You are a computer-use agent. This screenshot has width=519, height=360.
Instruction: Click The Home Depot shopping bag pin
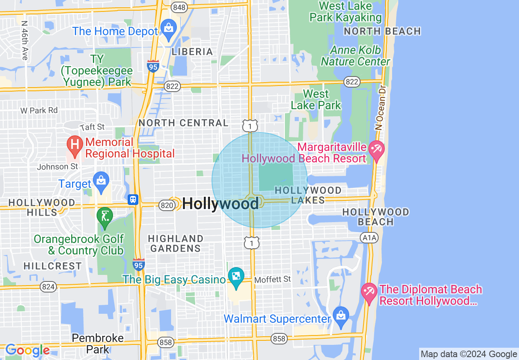[168, 29]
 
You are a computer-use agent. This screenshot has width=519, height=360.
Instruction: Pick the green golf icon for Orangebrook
[105, 216]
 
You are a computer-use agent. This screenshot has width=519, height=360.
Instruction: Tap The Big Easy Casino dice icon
[236, 277]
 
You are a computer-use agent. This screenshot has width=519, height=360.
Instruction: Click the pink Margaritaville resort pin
[376, 149]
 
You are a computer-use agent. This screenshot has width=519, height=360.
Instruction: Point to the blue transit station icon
[133, 200]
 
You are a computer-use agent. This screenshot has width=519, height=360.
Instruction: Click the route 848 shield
[179, 7]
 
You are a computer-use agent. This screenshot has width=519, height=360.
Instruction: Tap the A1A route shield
[369, 238]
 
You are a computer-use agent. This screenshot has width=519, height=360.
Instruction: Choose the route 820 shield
[167, 205]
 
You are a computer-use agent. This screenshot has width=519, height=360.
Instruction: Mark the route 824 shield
[48, 287]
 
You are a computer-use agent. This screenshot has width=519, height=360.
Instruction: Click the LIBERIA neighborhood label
[192, 52]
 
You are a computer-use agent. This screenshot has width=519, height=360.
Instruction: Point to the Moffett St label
[273, 279]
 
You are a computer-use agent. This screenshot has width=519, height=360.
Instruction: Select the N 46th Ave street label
[25, 41]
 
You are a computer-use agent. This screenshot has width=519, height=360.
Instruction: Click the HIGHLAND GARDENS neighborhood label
[176, 243]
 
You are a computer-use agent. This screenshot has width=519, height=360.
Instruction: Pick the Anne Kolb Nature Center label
[356, 56]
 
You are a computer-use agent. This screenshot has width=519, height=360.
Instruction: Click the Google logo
[27, 351]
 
